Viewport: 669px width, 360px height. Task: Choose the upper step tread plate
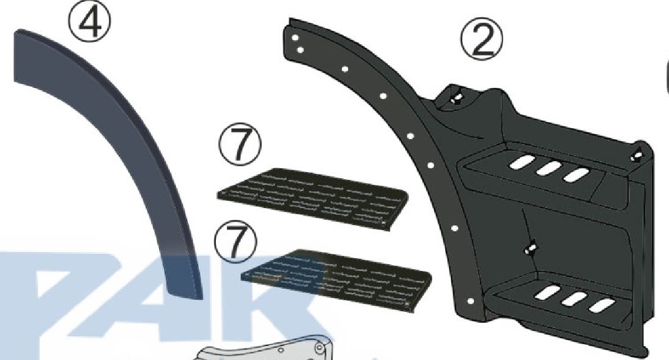312,198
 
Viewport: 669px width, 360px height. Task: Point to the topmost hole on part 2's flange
295,38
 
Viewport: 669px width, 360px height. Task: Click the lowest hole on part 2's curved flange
470,301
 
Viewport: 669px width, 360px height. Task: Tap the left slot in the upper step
521,163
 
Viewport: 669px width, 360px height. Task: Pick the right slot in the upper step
576,175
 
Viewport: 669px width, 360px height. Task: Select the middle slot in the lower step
574,299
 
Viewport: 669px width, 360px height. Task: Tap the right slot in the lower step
601,305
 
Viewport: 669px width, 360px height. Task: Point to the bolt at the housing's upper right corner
637,154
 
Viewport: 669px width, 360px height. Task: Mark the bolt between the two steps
531,249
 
